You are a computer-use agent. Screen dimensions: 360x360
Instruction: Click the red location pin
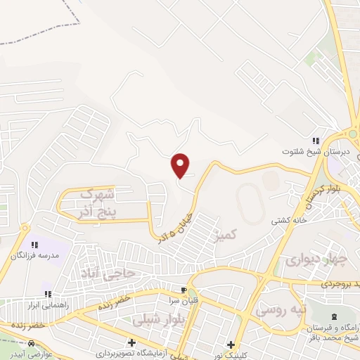[181, 165]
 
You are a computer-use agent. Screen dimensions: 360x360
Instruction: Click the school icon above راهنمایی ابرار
[48, 294]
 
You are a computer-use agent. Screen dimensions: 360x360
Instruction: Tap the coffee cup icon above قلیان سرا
[184, 290]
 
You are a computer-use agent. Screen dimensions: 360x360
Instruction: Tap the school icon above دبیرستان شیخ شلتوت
[316, 141]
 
